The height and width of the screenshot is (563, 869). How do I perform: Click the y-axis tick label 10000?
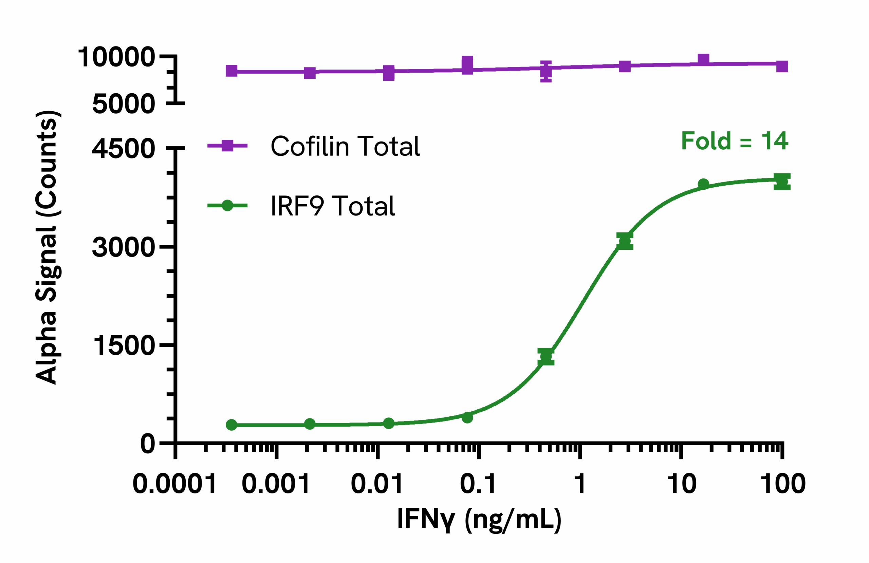116,57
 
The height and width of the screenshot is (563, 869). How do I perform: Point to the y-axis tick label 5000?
124,104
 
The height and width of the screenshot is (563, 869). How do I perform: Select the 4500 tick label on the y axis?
124,149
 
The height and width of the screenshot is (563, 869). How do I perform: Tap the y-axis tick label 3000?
124,247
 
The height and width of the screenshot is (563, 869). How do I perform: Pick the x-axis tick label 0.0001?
174,484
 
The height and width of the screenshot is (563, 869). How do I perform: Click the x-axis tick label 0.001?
276,484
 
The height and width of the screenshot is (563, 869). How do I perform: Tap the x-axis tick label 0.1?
478,484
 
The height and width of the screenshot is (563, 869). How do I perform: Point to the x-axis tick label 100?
783,484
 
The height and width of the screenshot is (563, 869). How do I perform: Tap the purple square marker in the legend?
227,145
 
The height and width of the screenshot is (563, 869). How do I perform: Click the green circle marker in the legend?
227,206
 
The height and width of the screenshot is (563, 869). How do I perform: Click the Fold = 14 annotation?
735,141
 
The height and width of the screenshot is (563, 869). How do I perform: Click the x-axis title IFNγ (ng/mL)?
479,519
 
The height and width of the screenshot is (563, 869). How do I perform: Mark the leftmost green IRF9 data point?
232,425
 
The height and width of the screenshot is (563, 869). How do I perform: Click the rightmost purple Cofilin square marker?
782,67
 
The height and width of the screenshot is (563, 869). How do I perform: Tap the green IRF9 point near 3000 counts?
625,241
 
